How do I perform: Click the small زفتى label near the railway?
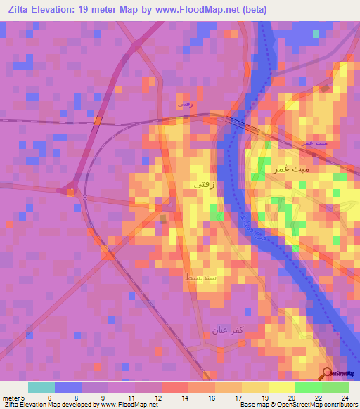pyautogui.click(x=186, y=103)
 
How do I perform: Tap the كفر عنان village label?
pyautogui.click(x=226, y=330)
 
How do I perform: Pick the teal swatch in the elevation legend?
pyautogui.click(x=41, y=387)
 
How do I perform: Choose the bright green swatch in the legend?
pyautogui.click(x=308, y=387)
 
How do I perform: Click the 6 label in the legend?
pyautogui.click(x=49, y=398)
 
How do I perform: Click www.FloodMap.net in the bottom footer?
pyautogui.click(x=129, y=405)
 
